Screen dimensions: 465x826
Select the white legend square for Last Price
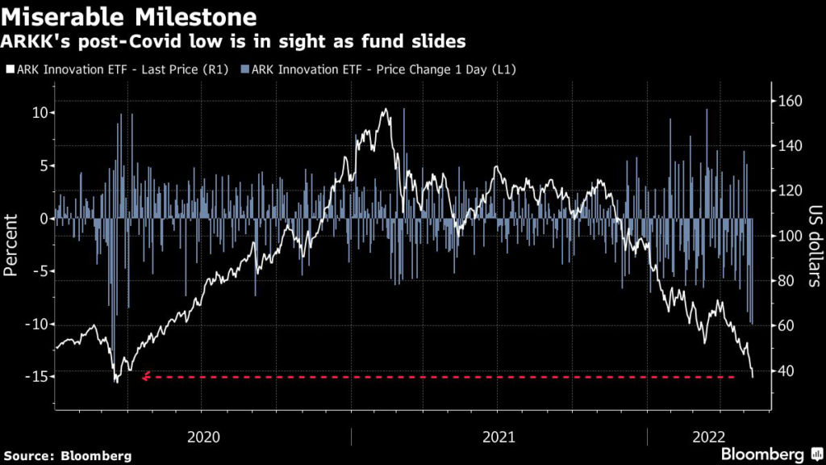tap(9, 70)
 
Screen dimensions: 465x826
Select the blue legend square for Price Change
tap(246, 70)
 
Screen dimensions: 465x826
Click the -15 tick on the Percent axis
tap(36, 376)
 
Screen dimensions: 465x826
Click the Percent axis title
tap(12, 245)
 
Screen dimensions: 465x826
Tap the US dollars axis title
tap(813, 245)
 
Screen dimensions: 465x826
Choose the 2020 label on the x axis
tap(203, 437)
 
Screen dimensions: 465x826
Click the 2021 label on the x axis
tap(499, 437)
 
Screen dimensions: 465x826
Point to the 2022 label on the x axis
tap(708, 437)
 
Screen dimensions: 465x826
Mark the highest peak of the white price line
tap(386, 109)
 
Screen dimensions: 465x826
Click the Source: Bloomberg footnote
tap(66, 455)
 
